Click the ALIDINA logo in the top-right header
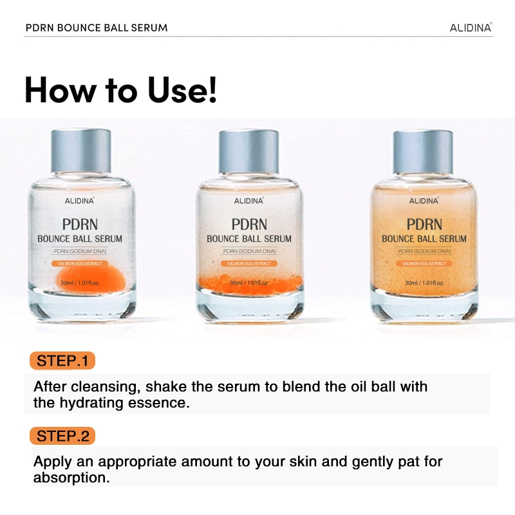tap(471, 28)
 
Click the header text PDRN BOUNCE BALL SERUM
tap(97, 28)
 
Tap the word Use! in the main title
tap(183, 89)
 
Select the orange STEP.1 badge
tap(62, 360)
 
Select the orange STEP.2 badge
tap(62, 436)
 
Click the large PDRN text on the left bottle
tap(80, 224)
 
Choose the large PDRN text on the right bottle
tap(424, 224)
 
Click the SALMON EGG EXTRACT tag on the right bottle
tap(424, 263)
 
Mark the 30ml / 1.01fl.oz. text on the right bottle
tap(424, 283)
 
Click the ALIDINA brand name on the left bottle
tap(80, 201)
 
